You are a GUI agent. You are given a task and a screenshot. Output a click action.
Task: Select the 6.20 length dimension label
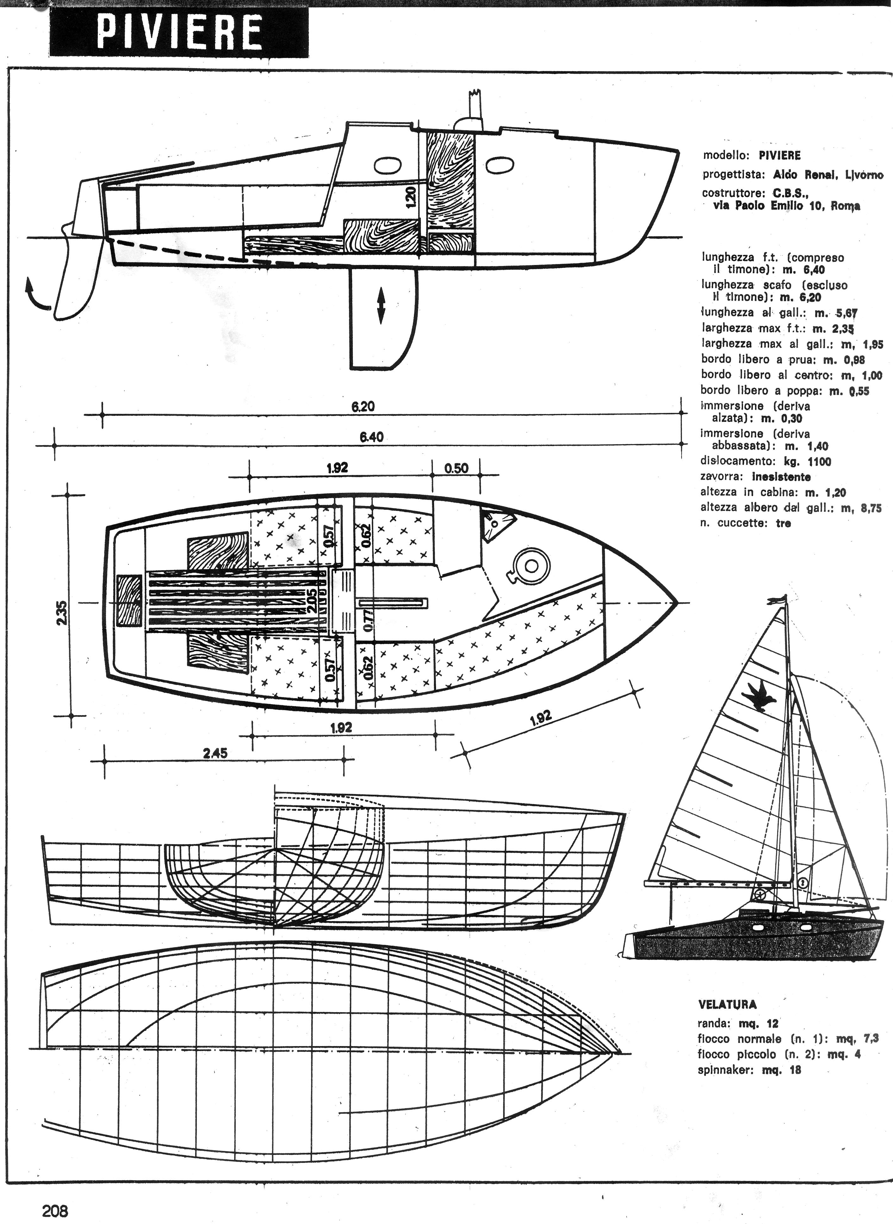pos(363,406)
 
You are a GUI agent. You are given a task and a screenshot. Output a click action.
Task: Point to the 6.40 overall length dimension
pos(372,437)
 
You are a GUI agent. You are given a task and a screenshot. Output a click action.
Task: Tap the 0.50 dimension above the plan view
pos(456,468)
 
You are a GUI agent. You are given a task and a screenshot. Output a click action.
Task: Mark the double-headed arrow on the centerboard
pos(381,306)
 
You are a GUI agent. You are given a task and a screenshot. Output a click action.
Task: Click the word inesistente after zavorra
pos(781,477)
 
